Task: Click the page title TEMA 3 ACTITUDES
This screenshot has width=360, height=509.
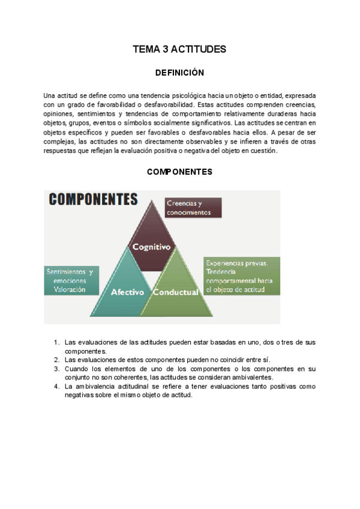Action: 179,49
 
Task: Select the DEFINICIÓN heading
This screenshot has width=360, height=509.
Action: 179,73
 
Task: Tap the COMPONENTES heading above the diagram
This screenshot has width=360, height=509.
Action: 179,172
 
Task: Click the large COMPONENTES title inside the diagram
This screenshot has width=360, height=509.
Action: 93,199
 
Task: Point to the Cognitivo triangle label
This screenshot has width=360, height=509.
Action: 151,247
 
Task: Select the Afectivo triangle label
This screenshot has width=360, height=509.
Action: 127,292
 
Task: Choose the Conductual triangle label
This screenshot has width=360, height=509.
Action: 175,292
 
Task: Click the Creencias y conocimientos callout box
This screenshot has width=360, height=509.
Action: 193,208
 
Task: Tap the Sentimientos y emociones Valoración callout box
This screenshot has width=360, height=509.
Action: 70,280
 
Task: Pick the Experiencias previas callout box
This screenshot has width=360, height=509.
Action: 241,276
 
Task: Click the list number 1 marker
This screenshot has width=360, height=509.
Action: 56,343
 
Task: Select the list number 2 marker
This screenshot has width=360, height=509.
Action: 56,360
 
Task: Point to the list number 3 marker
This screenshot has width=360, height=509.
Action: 56,369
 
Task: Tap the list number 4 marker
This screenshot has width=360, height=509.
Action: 56,387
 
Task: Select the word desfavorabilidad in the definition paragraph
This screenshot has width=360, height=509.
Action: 169,105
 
